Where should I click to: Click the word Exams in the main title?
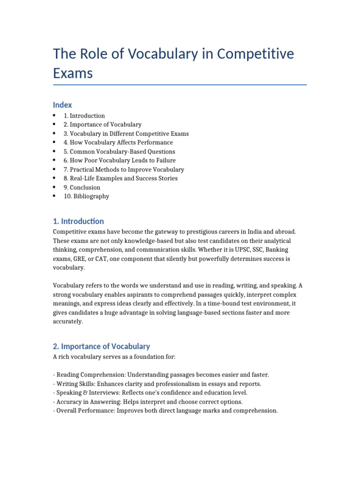[x=73, y=73]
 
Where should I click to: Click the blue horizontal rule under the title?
[x=180, y=85]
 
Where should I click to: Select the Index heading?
[x=62, y=105]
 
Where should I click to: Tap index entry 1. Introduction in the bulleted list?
[x=84, y=116]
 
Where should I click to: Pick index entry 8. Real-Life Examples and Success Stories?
[x=120, y=178]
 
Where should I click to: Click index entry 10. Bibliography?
[x=86, y=196]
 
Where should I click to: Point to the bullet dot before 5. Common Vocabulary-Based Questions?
[x=55, y=151]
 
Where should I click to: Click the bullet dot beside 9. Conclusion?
[x=55, y=187]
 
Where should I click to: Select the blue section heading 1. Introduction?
[x=78, y=221]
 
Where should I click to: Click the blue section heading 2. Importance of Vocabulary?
[x=101, y=346]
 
